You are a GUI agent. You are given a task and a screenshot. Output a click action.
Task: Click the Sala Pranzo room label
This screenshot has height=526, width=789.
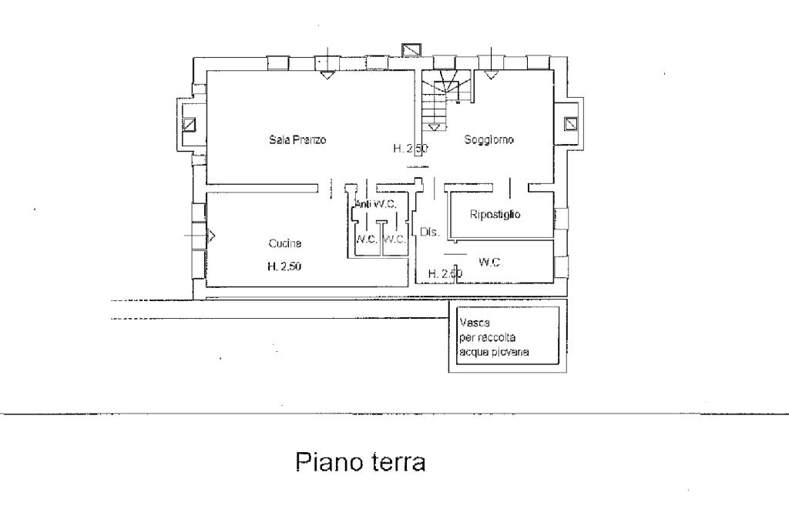point(297,140)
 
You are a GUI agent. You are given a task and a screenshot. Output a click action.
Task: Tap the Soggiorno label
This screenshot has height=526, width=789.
point(489,140)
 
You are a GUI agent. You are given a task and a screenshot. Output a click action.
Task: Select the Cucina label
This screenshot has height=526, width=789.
point(284,243)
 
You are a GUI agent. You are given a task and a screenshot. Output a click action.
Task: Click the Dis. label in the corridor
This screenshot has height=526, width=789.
point(429,232)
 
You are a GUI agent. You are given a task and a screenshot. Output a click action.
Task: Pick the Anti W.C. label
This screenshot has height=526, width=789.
point(375,204)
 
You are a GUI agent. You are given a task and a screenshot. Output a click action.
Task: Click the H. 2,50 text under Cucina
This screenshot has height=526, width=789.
point(284,267)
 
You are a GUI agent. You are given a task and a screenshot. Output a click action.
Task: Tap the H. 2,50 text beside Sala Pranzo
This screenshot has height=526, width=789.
point(410,149)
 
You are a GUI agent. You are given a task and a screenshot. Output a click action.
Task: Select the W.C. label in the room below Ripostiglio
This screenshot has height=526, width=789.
point(490,263)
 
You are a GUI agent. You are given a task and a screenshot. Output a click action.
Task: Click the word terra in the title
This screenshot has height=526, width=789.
point(394,464)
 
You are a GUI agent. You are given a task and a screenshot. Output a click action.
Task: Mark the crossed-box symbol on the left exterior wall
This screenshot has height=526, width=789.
point(189,124)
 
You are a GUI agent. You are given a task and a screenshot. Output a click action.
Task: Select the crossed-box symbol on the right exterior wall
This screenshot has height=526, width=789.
point(571,123)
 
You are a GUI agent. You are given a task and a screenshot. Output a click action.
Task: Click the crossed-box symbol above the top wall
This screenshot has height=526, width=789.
point(411,49)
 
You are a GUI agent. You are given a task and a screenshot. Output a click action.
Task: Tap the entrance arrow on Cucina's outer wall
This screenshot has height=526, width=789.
point(211,235)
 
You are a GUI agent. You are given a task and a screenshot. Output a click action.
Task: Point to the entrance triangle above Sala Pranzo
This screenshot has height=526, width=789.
point(327,75)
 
